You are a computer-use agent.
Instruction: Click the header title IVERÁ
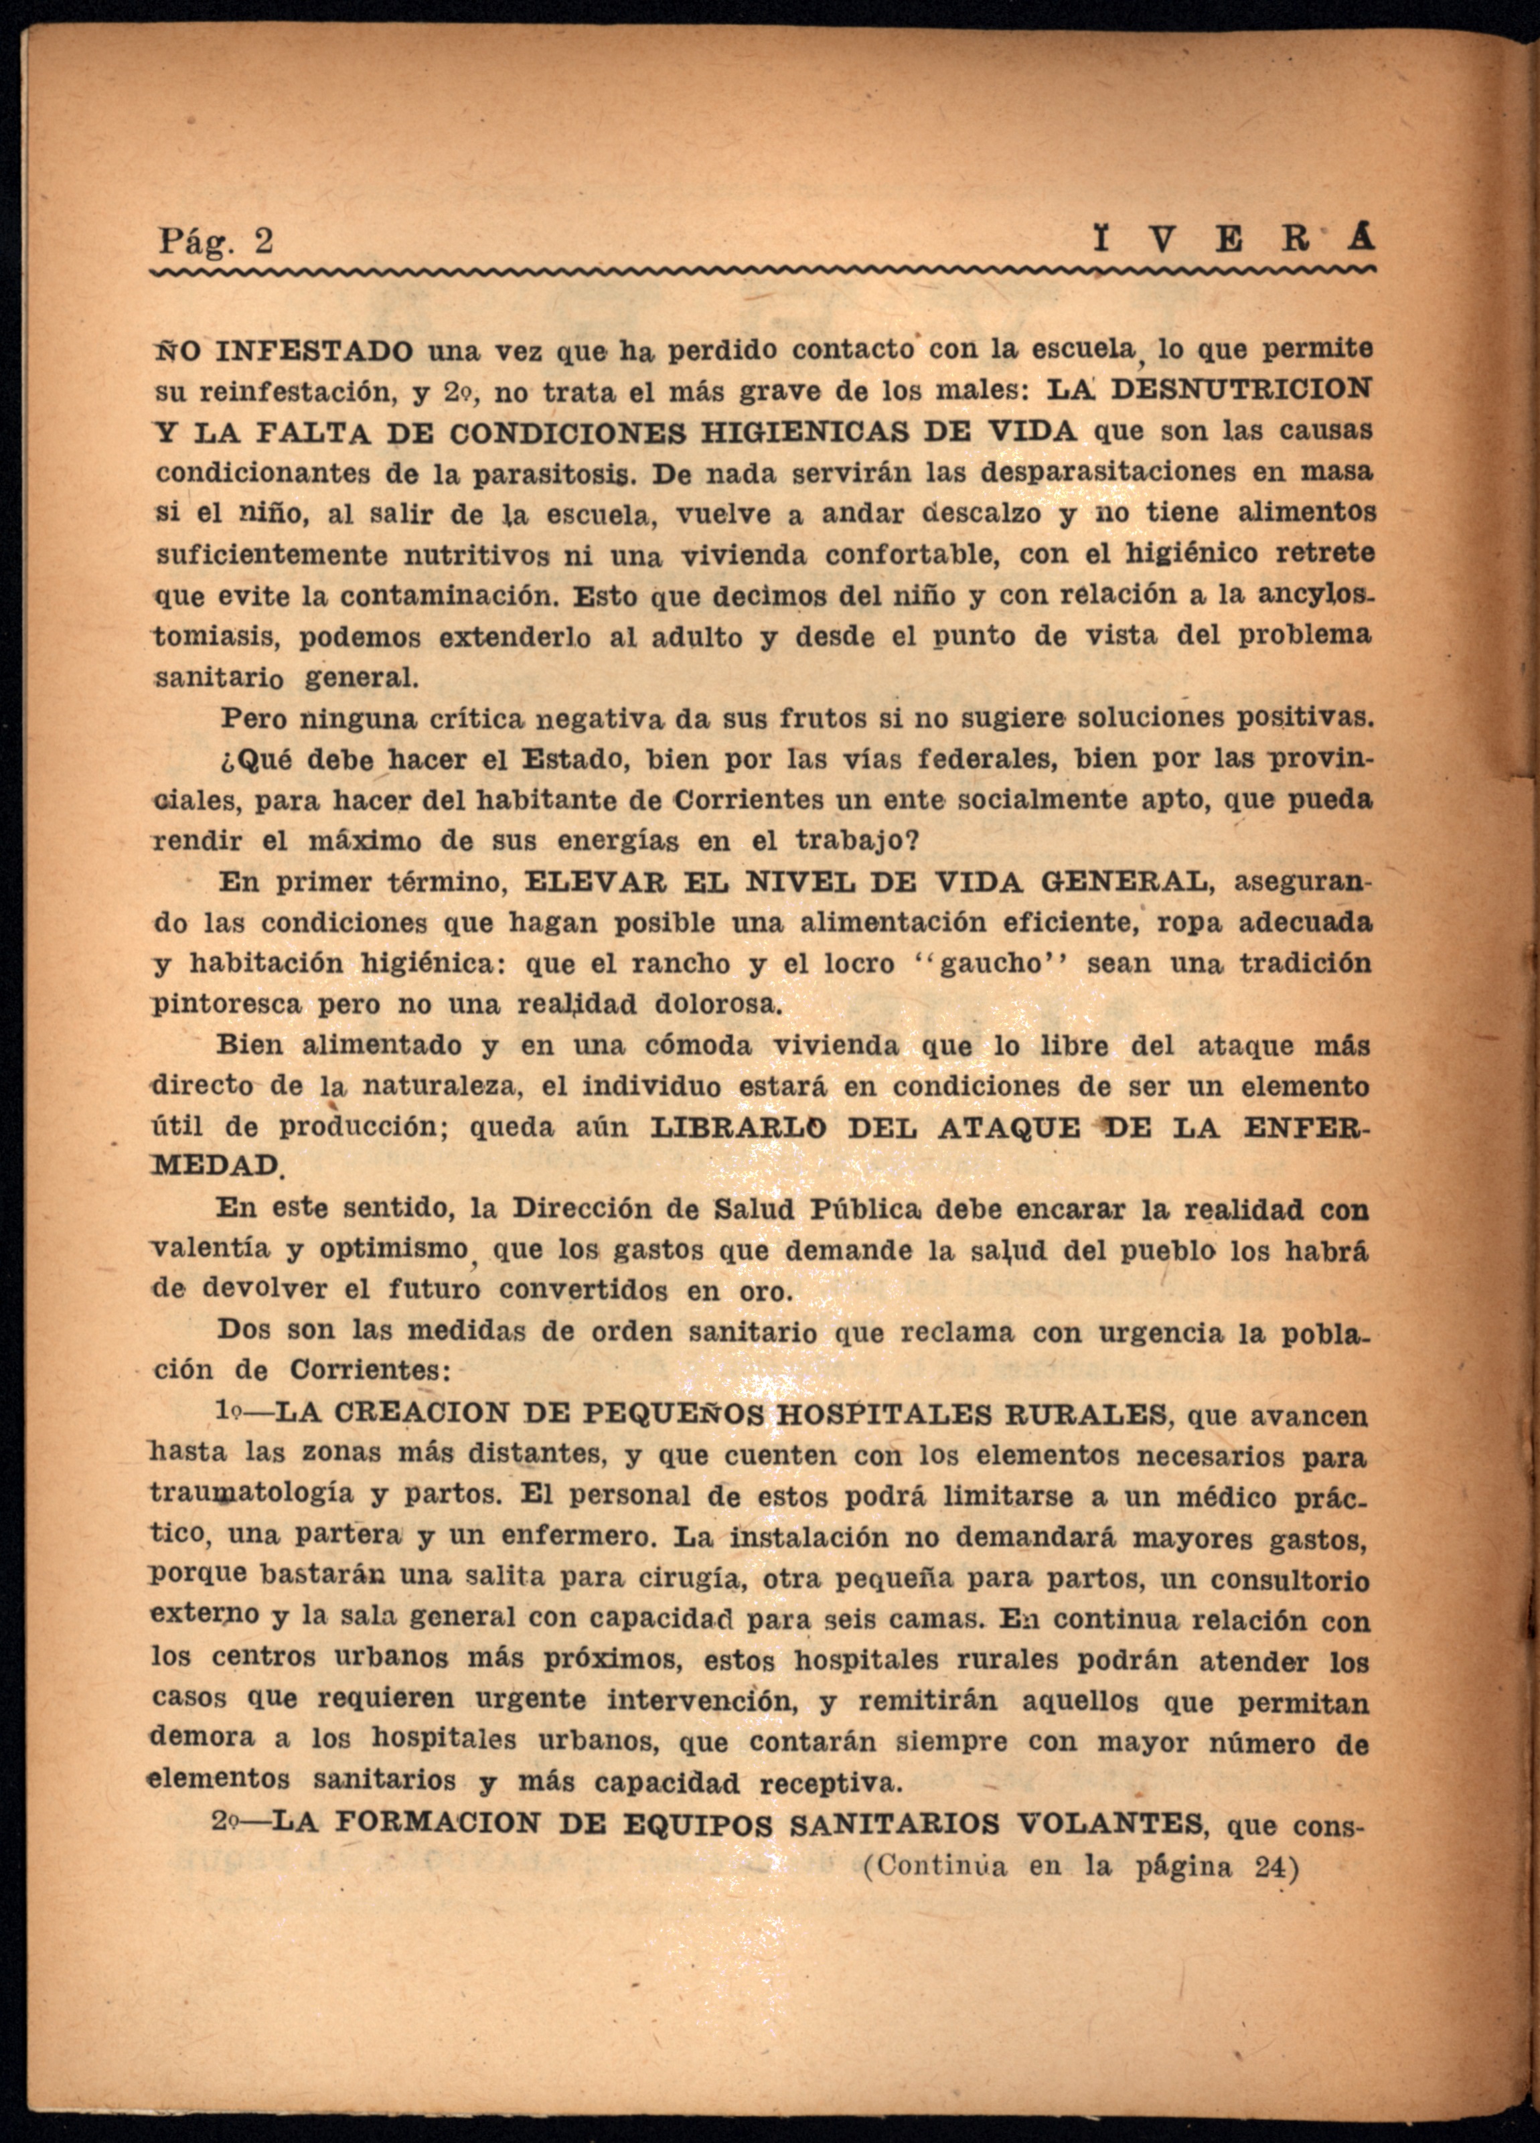[1233, 241]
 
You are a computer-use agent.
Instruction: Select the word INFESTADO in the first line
[315, 352]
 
